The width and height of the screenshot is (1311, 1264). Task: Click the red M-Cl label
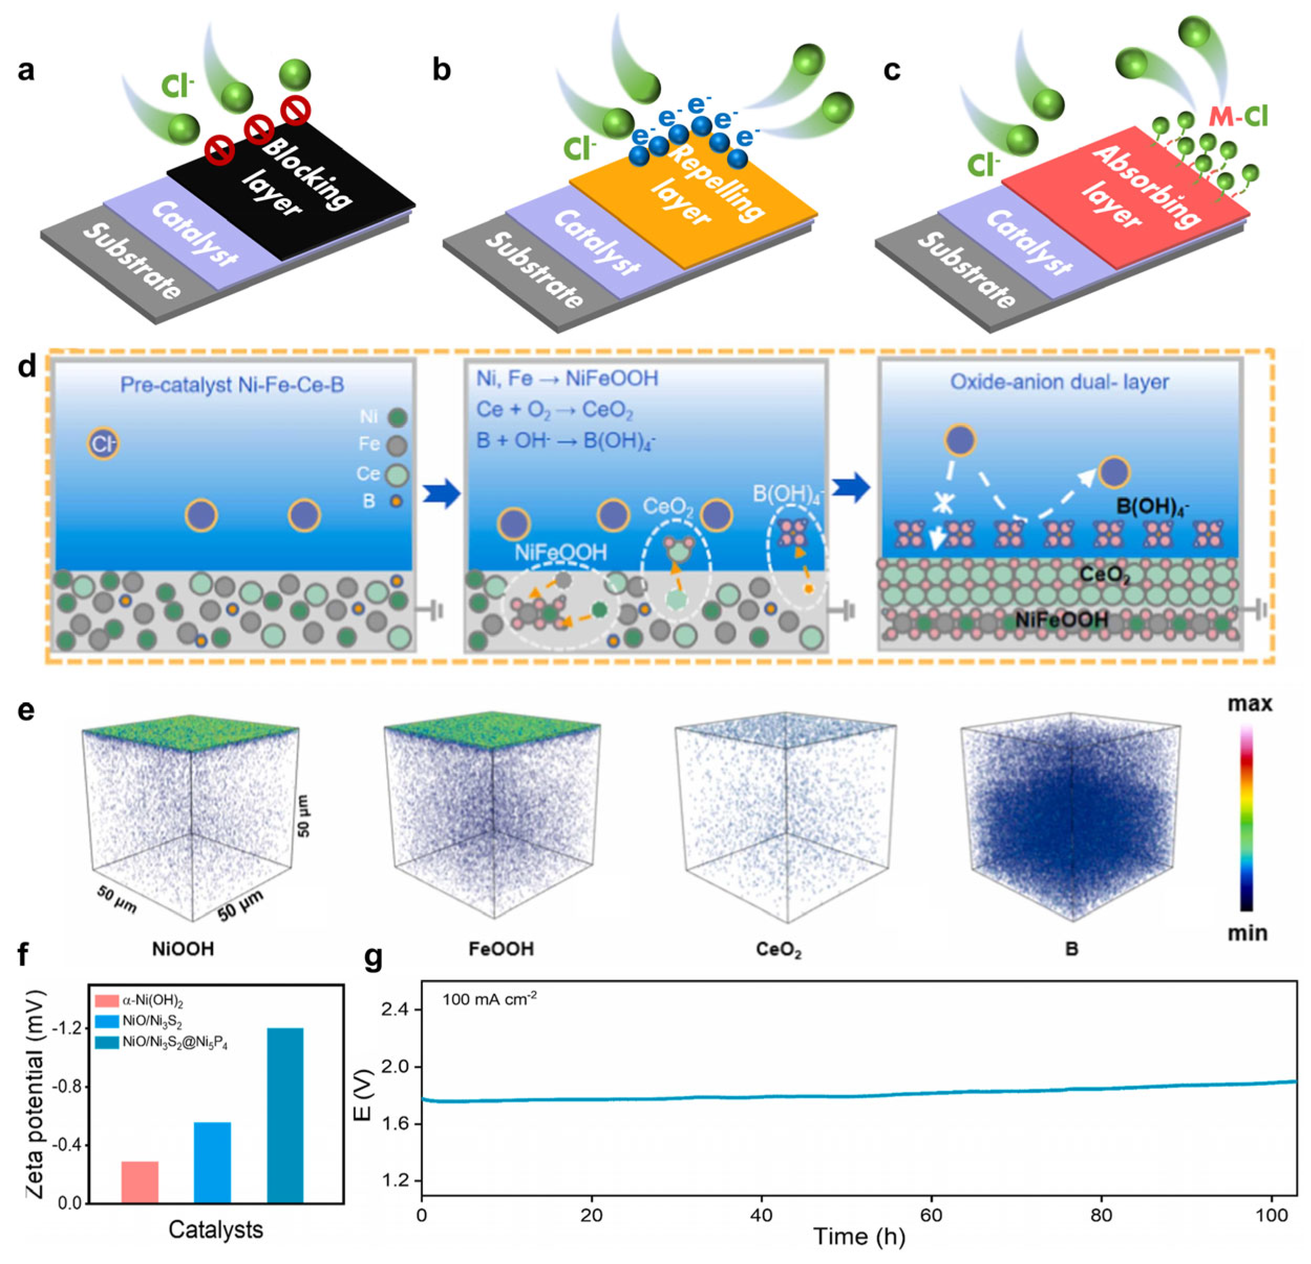pos(1238,117)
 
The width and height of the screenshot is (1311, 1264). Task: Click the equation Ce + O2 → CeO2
pos(555,410)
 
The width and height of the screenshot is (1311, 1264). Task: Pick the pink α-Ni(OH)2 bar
pos(140,1182)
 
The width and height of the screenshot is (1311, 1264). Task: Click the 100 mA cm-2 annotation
pos(489,999)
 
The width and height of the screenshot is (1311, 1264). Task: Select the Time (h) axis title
pos(859,1237)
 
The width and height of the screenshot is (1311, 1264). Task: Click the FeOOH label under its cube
pos(501,949)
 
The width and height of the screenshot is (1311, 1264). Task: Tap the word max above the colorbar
pos(1250,704)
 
